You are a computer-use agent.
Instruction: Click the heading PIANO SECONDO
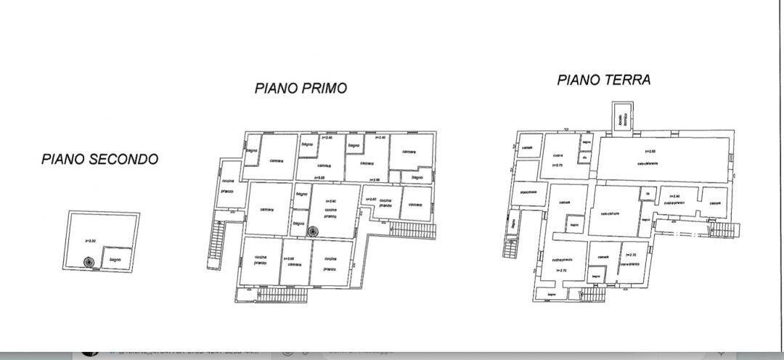[99, 159]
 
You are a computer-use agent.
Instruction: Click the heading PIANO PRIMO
[301, 89]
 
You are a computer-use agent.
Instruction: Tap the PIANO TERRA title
[603, 80]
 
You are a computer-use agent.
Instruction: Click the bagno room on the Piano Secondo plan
[115, 259]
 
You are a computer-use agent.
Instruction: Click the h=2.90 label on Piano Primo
[330, 201]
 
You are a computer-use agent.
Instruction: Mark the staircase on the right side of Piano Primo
[412, 229]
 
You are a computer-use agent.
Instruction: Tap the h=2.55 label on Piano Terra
[650, 151]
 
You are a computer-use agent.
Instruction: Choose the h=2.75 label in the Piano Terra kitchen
[558, 165]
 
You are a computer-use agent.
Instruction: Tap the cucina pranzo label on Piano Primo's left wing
[226, 186]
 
